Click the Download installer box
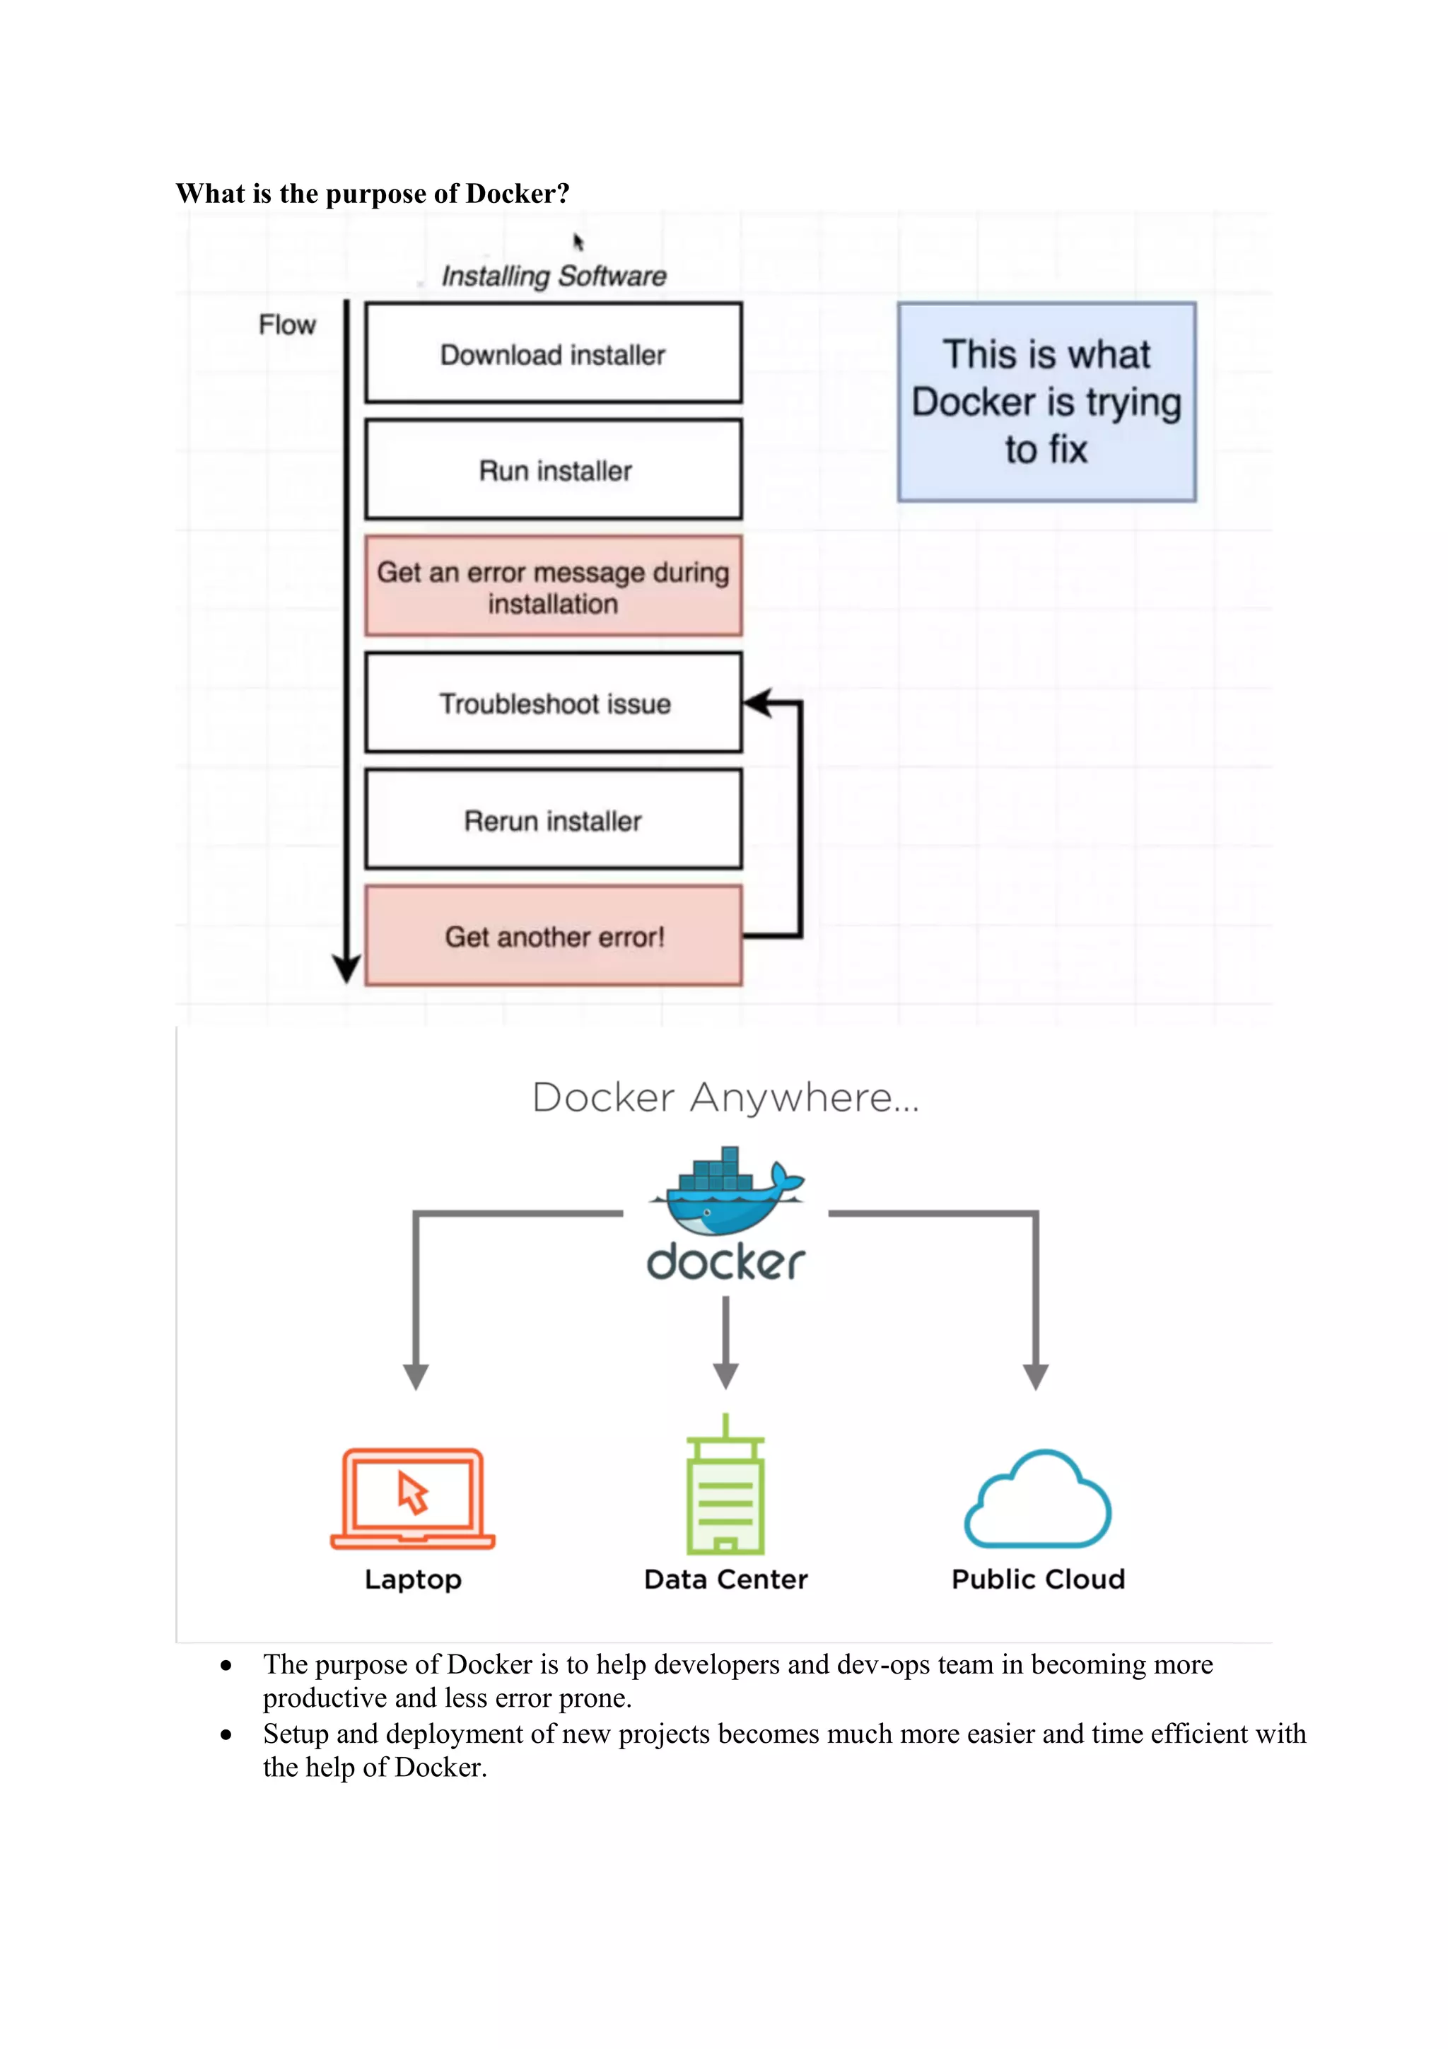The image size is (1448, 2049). [553, 354]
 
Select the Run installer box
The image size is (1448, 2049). [553, 469]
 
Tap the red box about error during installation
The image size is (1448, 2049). [553, 586]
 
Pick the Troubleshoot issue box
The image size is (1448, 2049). [553, 704]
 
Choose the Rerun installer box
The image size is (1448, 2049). [553, 819]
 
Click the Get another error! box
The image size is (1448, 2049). [553, 936]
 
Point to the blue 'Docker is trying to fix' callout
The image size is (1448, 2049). [1046, 402]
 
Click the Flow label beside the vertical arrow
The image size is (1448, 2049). [287, 325]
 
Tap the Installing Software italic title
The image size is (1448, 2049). [553, 276]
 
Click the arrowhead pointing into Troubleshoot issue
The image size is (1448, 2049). [756, 704]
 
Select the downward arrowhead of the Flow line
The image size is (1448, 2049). [346, 967]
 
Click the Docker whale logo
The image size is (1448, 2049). [725, 1191]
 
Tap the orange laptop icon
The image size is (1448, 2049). [412, 1499]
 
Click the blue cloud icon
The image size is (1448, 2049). [1038, 1501]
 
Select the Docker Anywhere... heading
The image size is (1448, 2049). [725, 1097]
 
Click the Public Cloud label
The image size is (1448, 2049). [1038, 1580]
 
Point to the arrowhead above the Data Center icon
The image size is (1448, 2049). [725, 1375]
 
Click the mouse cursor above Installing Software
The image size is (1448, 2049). [578, 242]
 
